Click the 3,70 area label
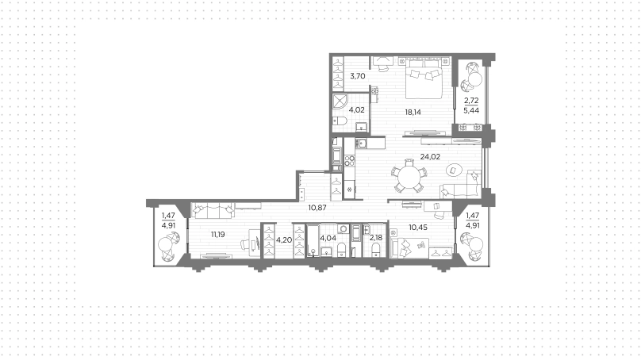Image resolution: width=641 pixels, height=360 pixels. point(358,76)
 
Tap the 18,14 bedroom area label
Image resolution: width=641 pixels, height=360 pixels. point(413,112)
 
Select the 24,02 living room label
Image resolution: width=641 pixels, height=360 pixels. point(430,156)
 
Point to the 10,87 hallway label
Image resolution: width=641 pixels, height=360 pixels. point(317,208)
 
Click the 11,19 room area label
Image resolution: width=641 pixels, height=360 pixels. point(218,235)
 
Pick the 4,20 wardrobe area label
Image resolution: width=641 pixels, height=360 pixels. point(284,239)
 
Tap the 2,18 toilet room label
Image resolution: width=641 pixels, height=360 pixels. point(376,238)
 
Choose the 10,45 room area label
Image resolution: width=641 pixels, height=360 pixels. point(418,228)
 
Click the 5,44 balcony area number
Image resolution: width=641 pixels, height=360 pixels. point(471,110)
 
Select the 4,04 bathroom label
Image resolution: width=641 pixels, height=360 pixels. point(328,238)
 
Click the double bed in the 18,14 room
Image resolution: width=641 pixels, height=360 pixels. point(424,78)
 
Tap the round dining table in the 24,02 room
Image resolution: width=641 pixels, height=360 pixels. point(408,177)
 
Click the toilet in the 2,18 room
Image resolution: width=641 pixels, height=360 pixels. point(376,249)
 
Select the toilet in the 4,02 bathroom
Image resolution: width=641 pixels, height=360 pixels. point(340,121)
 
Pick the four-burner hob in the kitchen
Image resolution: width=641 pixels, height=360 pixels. point(350,161)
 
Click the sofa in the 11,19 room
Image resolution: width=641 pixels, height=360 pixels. point(213,210)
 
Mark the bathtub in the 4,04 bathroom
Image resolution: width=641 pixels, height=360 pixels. point(313,240)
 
